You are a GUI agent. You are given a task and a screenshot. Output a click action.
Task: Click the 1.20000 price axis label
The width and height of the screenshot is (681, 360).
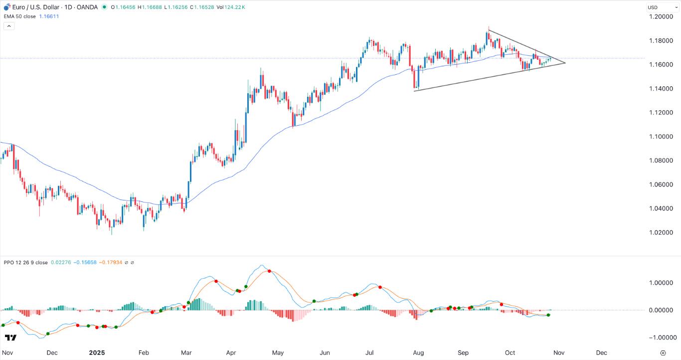pyautogui.click(x=661, y=16)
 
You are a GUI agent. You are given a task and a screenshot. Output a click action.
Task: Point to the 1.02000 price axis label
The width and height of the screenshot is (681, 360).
pyautogui.click(x=661, y=232)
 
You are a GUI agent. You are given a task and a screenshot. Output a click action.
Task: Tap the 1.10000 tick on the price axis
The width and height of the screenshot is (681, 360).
pyautogui.click(x=661, y=136)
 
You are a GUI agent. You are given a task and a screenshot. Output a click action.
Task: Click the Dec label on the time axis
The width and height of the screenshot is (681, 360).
pyautogui.click(x=52, y=353)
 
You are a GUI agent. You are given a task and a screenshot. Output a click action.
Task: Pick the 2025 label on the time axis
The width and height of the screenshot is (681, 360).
pyautogui.click(x=97, y=353)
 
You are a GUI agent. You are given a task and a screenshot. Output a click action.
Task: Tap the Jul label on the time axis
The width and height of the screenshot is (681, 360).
pyautogui.click(x=369, y=353)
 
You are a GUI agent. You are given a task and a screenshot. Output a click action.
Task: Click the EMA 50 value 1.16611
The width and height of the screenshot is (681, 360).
pyautogui.click(x=49, y=16)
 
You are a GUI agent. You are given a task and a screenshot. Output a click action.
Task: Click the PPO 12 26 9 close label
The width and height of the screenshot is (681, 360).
pyautogui.click(x=25, y=262)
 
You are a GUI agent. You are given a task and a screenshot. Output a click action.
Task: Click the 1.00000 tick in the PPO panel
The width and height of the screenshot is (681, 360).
pyautogui.click(x=661, y=282)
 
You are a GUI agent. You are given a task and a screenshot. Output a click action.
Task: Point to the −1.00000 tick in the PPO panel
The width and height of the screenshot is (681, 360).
pyautogui.click(x=661, y=338)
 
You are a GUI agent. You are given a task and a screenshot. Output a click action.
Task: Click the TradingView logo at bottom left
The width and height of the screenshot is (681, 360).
pyautogui.click(x=10, y=338)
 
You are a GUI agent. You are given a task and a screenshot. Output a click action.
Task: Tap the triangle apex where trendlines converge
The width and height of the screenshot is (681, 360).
pyautogui.click(x=565, y=63)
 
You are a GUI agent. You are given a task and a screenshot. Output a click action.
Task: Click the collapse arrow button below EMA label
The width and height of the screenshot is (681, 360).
pyautogui.click(x=8, y=26)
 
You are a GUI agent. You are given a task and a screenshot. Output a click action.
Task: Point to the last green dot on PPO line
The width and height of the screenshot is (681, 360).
pyautogui.click(x=548, y=315)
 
